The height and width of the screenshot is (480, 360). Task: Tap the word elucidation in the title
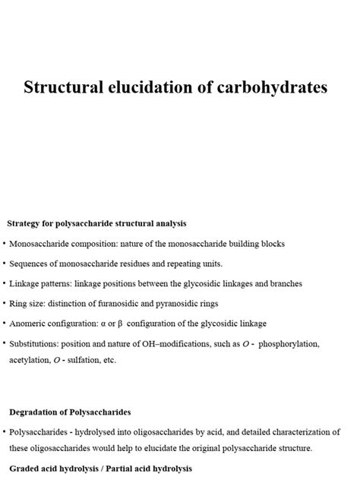pos(152,87)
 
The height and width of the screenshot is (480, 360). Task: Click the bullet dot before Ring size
pos(5,302)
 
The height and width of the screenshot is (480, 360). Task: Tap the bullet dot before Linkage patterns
pos(5,283)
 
